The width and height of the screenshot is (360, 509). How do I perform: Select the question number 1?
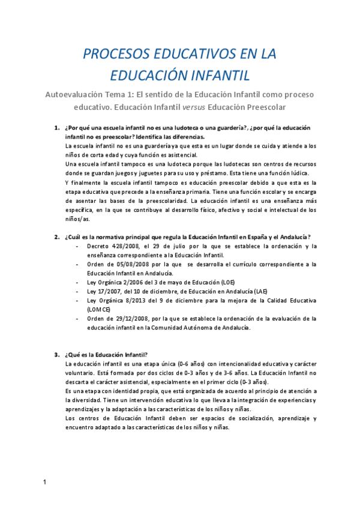pyautogui.click(x=56, y=128)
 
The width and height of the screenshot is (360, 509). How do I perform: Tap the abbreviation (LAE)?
pyautogui.click(x=260, y=291)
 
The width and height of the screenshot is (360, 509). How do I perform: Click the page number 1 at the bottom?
pyautogui.click(x=44, y=482)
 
